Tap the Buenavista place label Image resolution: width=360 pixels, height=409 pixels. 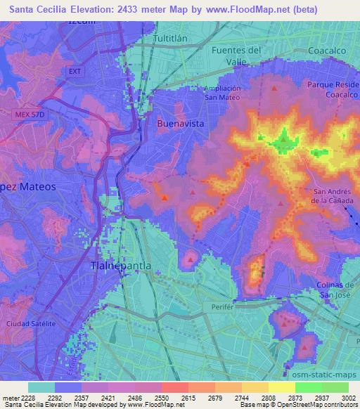pyautogui.click(x=180, y=123)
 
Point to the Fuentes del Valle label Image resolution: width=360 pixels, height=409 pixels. pyautogui.click(x=236, y=56)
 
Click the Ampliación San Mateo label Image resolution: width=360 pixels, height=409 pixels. pyautogui.click(x=222, y=93)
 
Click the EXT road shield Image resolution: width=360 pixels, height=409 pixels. pyautogui.click(x=76, y=72)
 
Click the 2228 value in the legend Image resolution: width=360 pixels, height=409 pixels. pyautogui.click(x=30, y=398)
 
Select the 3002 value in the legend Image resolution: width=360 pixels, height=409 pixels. pyautogui.click(x=344, y=398)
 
